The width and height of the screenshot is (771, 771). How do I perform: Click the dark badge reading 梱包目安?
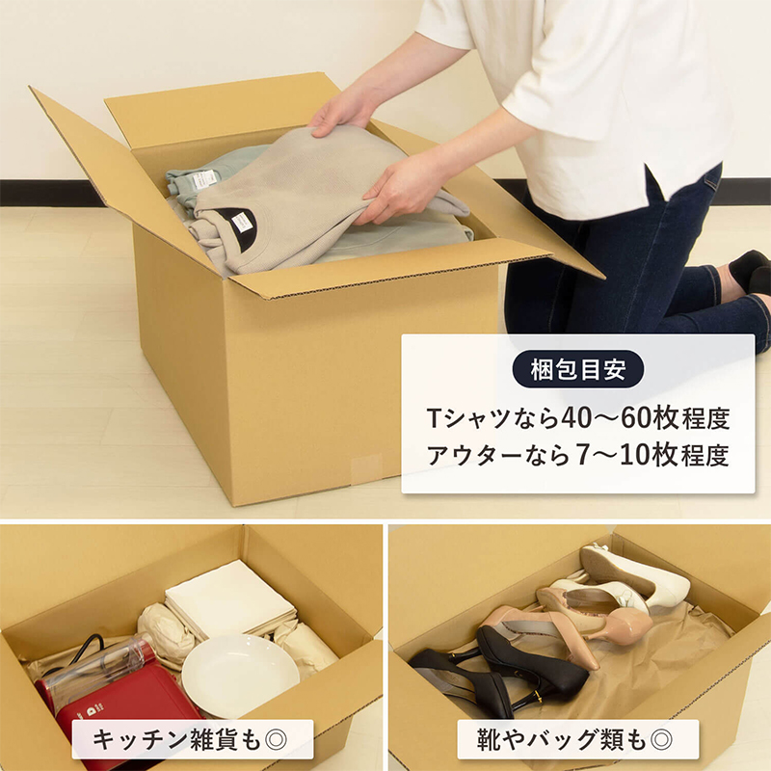click(x=577, y=369)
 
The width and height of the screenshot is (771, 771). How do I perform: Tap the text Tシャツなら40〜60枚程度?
click(x=577, y=418)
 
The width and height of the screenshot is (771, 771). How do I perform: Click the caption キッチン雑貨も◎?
click(x=193, y=739)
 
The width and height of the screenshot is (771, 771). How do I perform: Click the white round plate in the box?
click(x=240, y=675)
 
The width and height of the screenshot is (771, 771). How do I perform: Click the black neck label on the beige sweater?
click(x=235, y=222)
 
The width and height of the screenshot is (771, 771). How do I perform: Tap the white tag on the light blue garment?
click(x=204, y=180)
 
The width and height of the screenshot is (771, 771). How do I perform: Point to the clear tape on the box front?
click(x=365, y=471)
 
